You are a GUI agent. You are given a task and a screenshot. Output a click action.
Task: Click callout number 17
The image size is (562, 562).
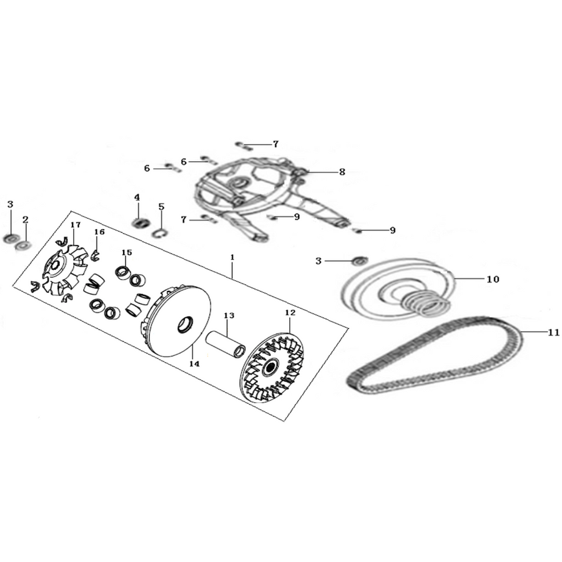click(x=76, y=225)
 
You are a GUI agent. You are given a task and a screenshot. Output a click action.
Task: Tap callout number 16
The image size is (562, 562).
click(x=99, y=232)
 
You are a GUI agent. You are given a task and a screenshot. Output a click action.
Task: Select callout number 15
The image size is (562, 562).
click(x=127, y=252)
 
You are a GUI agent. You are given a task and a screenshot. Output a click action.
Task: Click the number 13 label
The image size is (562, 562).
click(x=229, y=315)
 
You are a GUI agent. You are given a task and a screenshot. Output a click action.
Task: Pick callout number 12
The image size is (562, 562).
click(x=290, y=313)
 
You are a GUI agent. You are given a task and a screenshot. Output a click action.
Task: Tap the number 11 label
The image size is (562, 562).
click(x=553, y=333)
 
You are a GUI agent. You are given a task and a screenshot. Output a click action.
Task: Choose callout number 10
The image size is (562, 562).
click(x=493, y=279)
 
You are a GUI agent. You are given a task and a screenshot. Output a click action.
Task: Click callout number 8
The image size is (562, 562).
click(x=342, y=172)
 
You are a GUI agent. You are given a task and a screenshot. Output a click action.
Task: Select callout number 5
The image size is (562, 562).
click(x=161, y=207)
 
